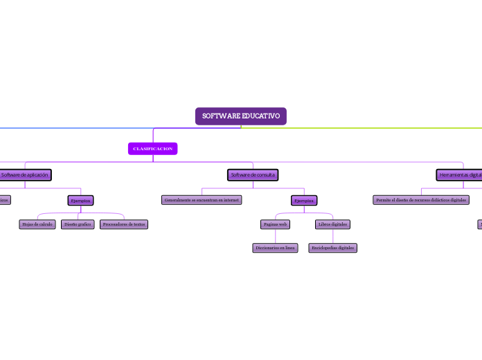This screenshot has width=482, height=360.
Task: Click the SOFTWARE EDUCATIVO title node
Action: pyautogui.click(x=241, y=116)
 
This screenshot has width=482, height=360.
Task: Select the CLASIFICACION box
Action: pyautogui.click(x=152, y=149)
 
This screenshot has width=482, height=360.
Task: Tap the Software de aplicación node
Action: pyautogui.click(x=25, y=175)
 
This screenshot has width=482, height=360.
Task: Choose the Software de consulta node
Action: pyautogui.click(x=253, y=175)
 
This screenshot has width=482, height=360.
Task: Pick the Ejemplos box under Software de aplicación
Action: pyautogui.click(x=80, y=200)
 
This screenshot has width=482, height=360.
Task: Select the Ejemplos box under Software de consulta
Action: pyautogui.click(x=304, y=200)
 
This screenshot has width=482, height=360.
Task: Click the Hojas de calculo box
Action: pyautogui.click(x=37, y=224)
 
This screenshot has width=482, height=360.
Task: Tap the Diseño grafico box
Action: pyautogui.click(x=78, y=224)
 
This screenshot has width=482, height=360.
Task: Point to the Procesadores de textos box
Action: pyautogui.click(x=124, y=224)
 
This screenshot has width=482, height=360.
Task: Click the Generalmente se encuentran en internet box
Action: pyautogui.click(x=202, y=200)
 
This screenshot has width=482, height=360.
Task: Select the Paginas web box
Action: pyautogui.click(x=275, y=224)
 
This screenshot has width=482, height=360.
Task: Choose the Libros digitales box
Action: pyautogui.click(x=332, y=224)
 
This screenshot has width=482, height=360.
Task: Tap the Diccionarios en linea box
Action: pyautogui.click(x=275, y=248)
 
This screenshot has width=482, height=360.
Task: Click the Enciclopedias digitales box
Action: pyautogui.click(x=332, y=248)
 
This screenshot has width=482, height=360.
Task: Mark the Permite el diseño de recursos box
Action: pyautogui.click(x=421, y=200)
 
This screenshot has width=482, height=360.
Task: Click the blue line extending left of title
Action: pyautogui.click(x=69, y=128)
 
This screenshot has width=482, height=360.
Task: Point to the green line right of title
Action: pyautogui.click(x=388, y=128)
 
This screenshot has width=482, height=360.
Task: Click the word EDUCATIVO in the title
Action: pyautogui.click(x=261, y=116)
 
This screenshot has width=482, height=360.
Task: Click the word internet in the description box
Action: pyautogui.click(x=231, y=200)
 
